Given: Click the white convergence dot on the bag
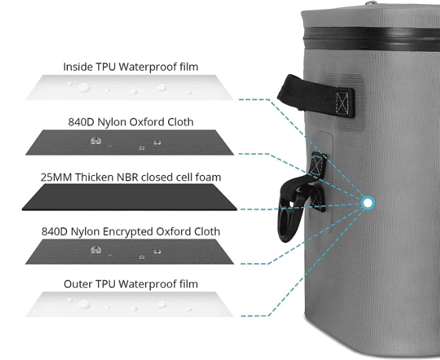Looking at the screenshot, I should pyautogui.click(x=367, y=202).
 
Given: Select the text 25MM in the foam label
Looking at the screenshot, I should pyautogui.click(x=53, y=177).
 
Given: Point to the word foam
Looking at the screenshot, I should pyautogui.click(x=208, y=177).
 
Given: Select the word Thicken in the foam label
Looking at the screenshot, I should pyautogui.click(x=91, y=177).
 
